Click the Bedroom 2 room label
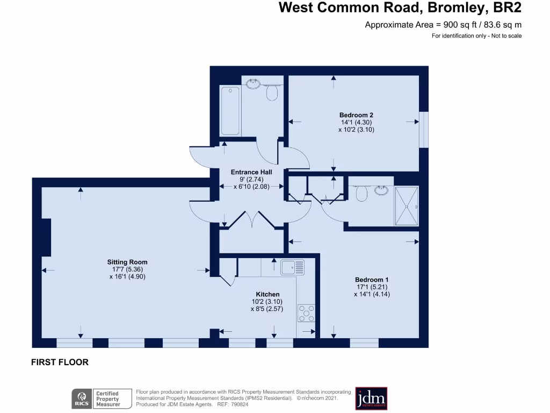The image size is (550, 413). coord(356,115)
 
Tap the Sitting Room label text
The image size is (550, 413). coord(127,262)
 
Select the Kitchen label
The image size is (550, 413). coord(267,294)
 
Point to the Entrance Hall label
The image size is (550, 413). coord(251,172)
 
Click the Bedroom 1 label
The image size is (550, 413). coord(372,280)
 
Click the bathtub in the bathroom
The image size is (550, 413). coord(230,110)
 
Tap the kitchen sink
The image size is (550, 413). coord(292,266)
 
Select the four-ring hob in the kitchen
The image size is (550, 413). coord(307,313)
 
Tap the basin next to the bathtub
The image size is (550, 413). coord(252,83)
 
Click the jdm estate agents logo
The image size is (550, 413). coord(371,398)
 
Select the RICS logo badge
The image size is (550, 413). coord(82,398)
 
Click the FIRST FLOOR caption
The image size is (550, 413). coord(60,362)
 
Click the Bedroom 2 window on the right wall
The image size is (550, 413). coord(424,129)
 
